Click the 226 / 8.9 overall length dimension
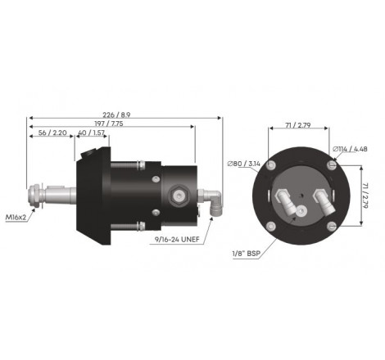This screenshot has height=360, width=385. coord(123,114)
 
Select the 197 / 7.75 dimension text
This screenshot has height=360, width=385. coord(104,124)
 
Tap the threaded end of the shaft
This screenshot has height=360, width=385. coord(37,196)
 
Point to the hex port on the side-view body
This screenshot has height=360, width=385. coord(177,195)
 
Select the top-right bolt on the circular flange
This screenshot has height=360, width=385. coord(330,166)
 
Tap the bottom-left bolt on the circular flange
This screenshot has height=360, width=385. coord(272,225)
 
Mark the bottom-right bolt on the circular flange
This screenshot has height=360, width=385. coord(330,225)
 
